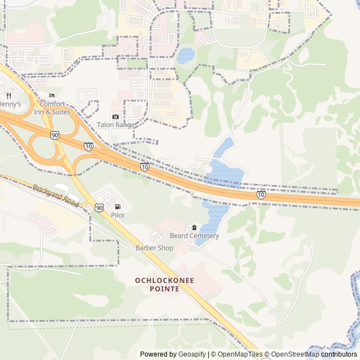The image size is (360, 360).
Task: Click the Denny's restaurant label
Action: (10, 104)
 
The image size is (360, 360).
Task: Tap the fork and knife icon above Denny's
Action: (8, 96)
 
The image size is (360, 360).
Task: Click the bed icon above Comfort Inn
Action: (52, 96)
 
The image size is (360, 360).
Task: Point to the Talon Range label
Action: (115, 125)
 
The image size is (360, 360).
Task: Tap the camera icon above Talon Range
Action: (115, 116)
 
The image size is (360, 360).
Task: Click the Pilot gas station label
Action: (118, 215)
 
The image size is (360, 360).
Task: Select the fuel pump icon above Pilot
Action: (118, 207)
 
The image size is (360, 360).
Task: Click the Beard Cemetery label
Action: (194, 236)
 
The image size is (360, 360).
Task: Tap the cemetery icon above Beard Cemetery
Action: (194, 227)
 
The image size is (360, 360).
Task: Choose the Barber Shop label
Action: (154, 248)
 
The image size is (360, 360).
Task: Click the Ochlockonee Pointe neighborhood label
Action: (157, 284)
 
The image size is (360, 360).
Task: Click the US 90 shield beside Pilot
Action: (100, 208)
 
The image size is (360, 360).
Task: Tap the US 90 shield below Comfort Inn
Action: (54, 135)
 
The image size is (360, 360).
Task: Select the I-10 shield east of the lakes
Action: (262, 195)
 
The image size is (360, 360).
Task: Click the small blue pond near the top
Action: (185, 55)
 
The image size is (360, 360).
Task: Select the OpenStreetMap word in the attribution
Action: (296, 354)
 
